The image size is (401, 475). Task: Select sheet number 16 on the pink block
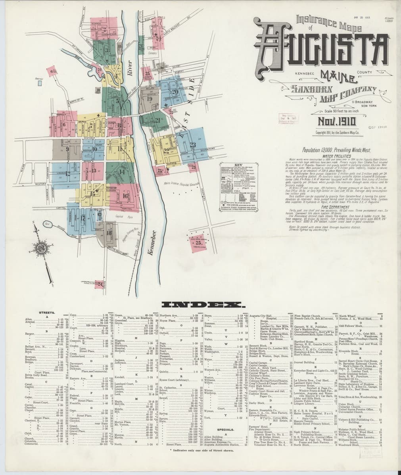125,196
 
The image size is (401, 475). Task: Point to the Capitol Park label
120,217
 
